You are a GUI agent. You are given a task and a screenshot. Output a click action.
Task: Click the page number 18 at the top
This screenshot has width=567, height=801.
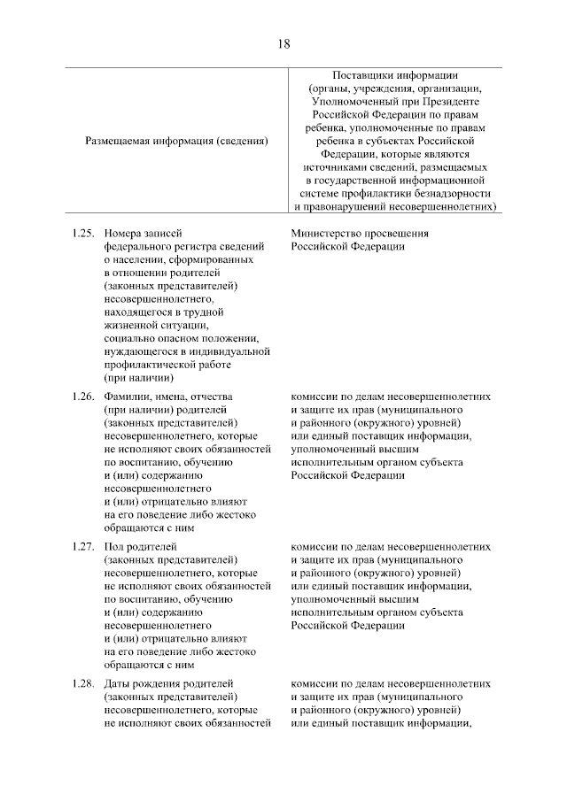click(283, 42)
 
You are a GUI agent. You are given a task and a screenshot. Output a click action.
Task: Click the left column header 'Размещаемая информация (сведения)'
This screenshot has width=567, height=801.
click(177, 141)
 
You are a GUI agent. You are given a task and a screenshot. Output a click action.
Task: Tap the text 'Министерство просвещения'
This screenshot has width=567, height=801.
click(359, 234)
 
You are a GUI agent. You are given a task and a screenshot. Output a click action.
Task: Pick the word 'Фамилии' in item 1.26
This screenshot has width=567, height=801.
click(127, 397)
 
